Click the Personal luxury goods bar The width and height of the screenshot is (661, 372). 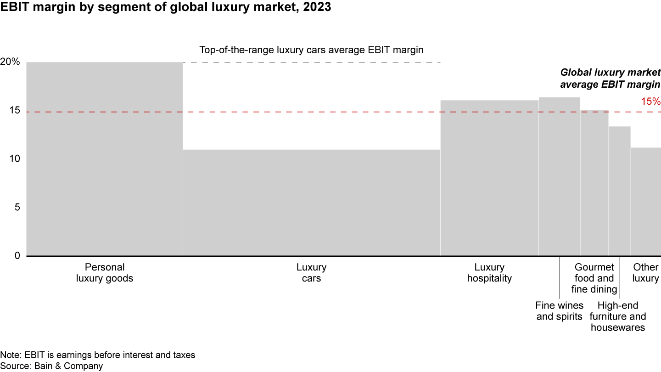tap(105, 159)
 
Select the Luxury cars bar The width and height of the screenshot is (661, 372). tap(311, 203)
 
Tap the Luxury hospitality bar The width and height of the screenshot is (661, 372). tap(489, 178)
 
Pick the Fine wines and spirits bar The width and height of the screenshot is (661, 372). tap(559, 176)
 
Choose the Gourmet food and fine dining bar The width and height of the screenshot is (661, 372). tap(594, 183)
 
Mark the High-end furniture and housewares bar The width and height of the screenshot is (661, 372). tap(620, 191)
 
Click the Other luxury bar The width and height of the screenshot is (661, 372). tap(645, 202)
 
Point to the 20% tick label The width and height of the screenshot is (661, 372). tap(10, 62)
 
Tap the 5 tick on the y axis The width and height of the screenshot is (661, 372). tap(17, 208)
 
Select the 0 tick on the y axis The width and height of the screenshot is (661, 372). tap(17, 256)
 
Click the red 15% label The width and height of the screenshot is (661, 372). tap(650, 101)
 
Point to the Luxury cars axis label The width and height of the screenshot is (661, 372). tap(311, 273)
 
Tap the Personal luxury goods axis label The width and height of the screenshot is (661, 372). tap(105, 273)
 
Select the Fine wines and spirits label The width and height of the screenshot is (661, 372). tap(560, 311)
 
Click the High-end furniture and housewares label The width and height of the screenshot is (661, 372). tap(618, 316)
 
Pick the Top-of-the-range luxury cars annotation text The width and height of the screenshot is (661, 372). tap(311, 50)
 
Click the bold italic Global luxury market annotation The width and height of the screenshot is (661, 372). tap(610, 79)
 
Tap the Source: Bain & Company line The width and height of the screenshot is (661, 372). tap(51, 366)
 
